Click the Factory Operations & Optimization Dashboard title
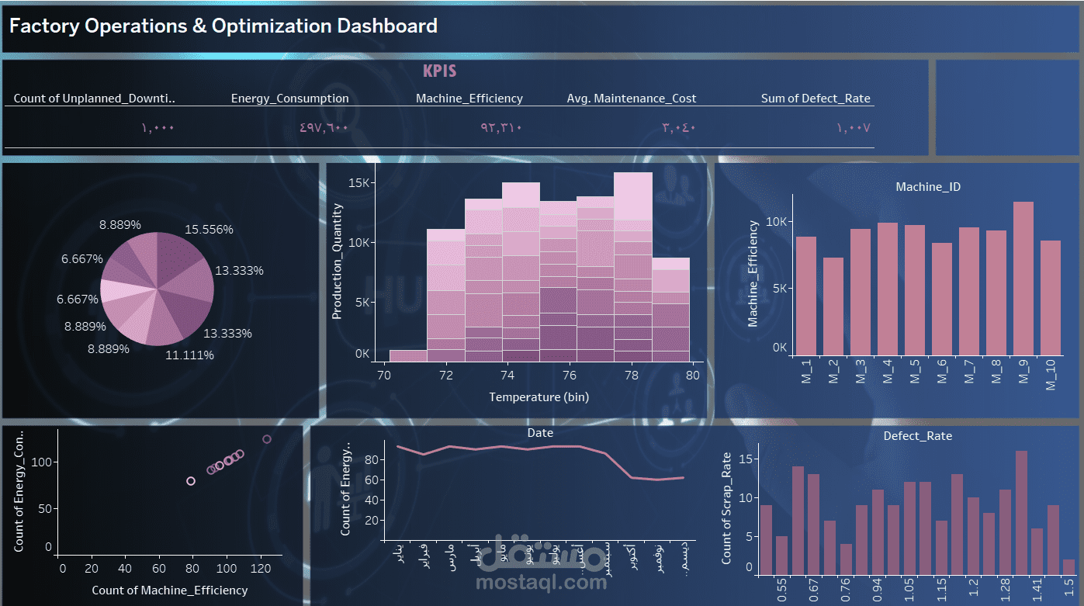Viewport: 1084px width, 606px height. [223, 26]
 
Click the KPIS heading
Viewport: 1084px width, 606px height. [439, 71]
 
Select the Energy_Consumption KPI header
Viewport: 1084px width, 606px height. [289, 99]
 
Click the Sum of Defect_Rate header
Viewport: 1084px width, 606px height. [815, 99]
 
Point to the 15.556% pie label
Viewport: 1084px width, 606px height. [209, 230]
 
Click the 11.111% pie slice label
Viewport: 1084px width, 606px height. [189, 355]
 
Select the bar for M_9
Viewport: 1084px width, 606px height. [1023, 278]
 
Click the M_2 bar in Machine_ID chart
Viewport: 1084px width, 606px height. [833, 306]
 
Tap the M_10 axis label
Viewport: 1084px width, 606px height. [1051, 375]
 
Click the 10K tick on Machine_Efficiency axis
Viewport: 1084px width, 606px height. [777, 221]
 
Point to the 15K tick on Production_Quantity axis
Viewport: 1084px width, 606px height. [362, 183]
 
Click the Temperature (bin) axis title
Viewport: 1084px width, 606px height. [539, 397]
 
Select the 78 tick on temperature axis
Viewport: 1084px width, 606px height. [632, 375]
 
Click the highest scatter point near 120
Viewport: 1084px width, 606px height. [267, 439]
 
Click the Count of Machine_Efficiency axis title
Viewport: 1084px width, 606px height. [169, 590]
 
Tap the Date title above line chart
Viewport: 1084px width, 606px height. [540, 433]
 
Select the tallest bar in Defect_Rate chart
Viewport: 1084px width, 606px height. [1021, 512]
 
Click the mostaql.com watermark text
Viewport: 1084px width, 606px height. [541, 583]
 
